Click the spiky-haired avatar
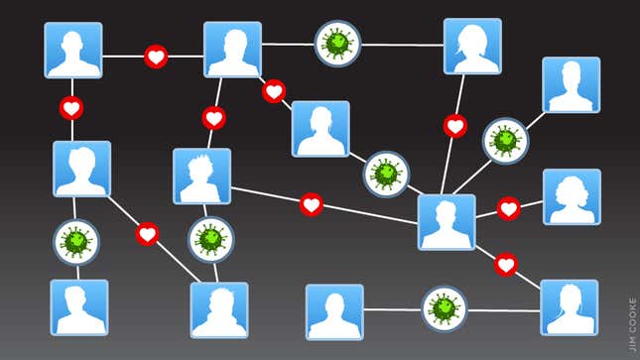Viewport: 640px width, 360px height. (x=201, y=177)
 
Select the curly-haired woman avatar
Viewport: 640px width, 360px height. (x=572, y=196)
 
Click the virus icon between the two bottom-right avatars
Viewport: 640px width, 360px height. (x=443, y=309)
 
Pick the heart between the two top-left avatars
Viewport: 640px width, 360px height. (x=156, y=57)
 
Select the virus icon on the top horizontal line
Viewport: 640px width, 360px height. (x=337, y=44)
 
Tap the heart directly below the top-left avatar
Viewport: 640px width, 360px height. (x=71, y=107)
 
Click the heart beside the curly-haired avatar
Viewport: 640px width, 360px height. (x=508, y=208)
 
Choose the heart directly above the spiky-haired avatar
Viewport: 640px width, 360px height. (x=213, y=118)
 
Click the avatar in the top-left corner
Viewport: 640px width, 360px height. (x=73, y=50)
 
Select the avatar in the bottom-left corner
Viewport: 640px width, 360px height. (x=79, y=306)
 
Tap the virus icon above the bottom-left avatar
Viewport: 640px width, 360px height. (x=75, y=241)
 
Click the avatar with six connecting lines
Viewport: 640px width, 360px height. (x=447, y=221)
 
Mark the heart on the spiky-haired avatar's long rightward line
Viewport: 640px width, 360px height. (x=312, y=204)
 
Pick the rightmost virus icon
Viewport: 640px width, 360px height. (x=505, y=141)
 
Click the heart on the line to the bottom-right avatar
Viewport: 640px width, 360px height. (x=506, y=265)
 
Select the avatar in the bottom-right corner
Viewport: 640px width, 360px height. (x=570, y=307)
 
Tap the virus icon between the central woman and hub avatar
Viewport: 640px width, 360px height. (x=386, y=174)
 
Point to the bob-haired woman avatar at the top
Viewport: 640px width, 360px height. (x=472, y=46)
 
